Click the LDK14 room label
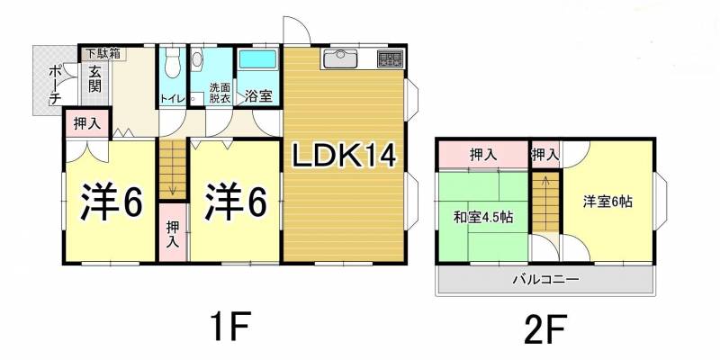[x=345, y=157]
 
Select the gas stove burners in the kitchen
[x=390, y=59]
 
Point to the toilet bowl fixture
[x=172, y=62]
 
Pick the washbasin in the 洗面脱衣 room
[x=197, y=60]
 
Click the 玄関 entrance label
[x=95, y=79]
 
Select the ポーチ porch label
[x=56, y=85]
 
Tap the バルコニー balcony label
[x=545, y=279]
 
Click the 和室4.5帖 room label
[x=483, y=217]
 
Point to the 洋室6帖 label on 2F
[x=608, y=202]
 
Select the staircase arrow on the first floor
[x=173, y=188]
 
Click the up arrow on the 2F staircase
[x=545, y=182]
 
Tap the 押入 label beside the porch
[x=86, y=123]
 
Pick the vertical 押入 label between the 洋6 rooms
[x=173, y=235]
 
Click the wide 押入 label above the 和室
[x=483, y=155]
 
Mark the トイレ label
[x=172, y=99]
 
